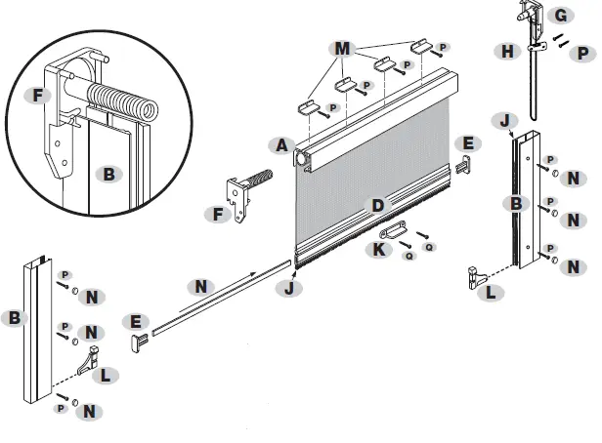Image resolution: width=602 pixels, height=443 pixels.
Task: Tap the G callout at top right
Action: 560,16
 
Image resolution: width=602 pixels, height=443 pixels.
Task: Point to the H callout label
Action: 507,51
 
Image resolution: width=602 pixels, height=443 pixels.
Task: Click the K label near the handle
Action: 379,248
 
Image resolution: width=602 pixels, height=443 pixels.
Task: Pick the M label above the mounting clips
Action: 341,49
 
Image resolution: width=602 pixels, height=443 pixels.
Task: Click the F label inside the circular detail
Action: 38,96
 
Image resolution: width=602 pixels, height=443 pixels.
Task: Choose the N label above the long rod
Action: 201,287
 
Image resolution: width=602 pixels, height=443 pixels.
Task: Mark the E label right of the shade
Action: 468,143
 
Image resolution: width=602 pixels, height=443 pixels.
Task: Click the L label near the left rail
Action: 107,374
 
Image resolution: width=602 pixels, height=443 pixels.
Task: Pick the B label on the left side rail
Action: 14,318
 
